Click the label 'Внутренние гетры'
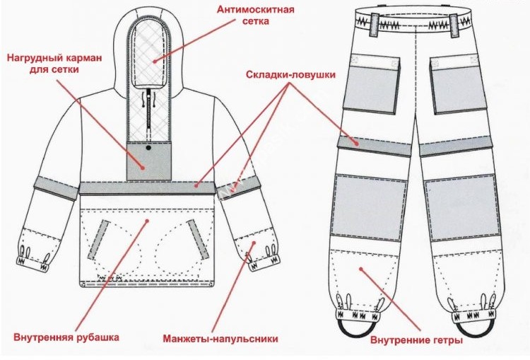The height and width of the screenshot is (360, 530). pyautogui.click(x=417, y=340)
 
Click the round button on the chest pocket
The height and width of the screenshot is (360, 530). pyautogui.click(x=148, y=149)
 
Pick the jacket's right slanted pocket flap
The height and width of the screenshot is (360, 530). pyautogui.click(x=198, y=238)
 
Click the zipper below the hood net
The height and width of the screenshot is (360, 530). pyautogui.click(x=148, y=110)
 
